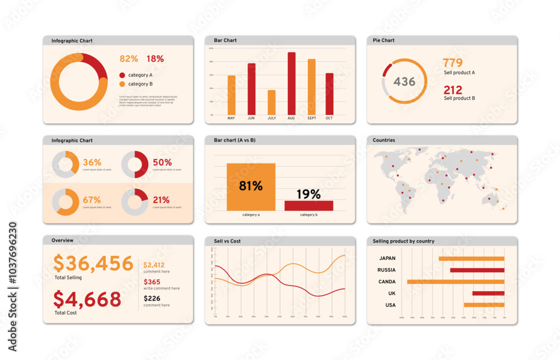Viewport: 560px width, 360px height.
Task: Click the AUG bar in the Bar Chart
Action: click(x=291, y=83)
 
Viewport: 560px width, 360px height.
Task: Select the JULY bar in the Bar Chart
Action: click(x=272, y=102)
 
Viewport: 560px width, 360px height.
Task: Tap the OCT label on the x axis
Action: click(x=329, y=118)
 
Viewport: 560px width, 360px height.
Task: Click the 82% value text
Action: click(x=129, y=59)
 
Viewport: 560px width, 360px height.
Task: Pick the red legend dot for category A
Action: click(x=122, y=75)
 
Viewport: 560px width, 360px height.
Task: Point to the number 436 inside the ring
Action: click(x=404, y=82)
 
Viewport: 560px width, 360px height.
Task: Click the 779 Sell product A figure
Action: click(x=452, y=63)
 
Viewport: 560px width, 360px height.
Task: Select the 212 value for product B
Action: click(x=453, y=90)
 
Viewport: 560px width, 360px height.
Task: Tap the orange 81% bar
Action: click(x=251, y=187)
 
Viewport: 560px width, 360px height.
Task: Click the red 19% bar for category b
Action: click(x=309, y=205)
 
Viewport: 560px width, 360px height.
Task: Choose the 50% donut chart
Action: click(x=135, y=164)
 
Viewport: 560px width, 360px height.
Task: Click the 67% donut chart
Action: click(x=66, y=202)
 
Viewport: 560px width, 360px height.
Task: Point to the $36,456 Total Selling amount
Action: click(x=93, y=263)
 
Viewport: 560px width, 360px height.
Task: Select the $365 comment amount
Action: click(x=152, y=282)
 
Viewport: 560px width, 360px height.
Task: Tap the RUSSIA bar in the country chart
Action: click(x=477, y=270)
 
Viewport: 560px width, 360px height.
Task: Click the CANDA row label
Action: click(x=387, y=282)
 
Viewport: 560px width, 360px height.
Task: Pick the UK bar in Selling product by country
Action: click(x=488, y=293)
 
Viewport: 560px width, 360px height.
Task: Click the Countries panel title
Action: click(x=384, y=141)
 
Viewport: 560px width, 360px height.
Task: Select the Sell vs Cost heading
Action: click(x=227, y=241)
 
